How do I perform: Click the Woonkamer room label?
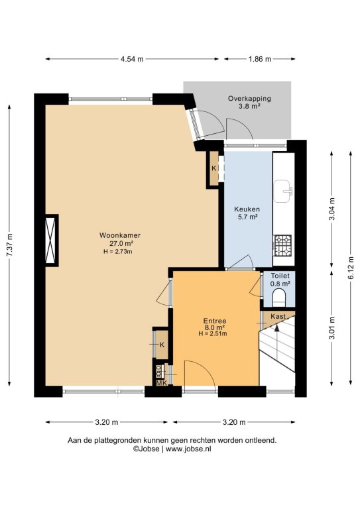pos(120,235)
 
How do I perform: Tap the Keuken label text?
pos(247,209)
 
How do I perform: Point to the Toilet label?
pos(280,276)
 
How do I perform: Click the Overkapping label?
pos(249,98)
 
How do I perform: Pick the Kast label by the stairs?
pos(278,316)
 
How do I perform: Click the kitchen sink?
pos(283,191)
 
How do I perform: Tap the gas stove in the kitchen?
pos(283,245)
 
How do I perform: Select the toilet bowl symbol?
pos(279,298)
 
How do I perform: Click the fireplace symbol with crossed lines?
pos(51,240)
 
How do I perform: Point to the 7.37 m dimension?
pos(9,245)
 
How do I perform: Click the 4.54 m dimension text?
pos(132,59)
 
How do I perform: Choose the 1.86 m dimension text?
pos(260,59)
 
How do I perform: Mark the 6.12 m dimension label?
pos(351,268)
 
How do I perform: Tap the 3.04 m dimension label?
pos(331,209)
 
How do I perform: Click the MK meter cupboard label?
pos(162,383)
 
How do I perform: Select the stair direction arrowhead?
pos(276,327)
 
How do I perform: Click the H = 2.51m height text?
pos(213,333)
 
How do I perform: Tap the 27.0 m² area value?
pos(122,243)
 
